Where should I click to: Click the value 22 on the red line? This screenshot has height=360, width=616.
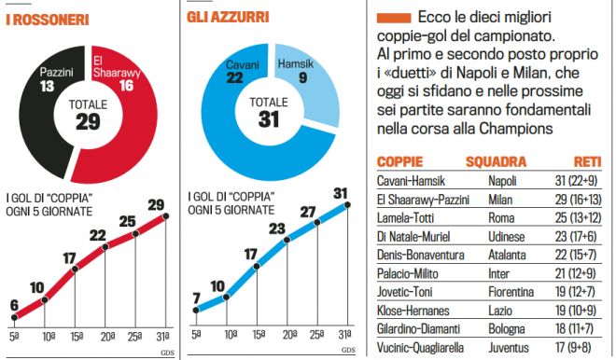[x=97, y=237]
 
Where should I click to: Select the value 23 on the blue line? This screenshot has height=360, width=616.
[x=277, y=228]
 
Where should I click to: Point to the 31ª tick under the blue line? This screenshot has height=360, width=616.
[x=346, y=333]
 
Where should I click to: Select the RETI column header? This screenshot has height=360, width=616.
[x=586, y=160]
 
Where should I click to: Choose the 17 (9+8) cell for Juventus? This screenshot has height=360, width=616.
[x=581, y=346]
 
